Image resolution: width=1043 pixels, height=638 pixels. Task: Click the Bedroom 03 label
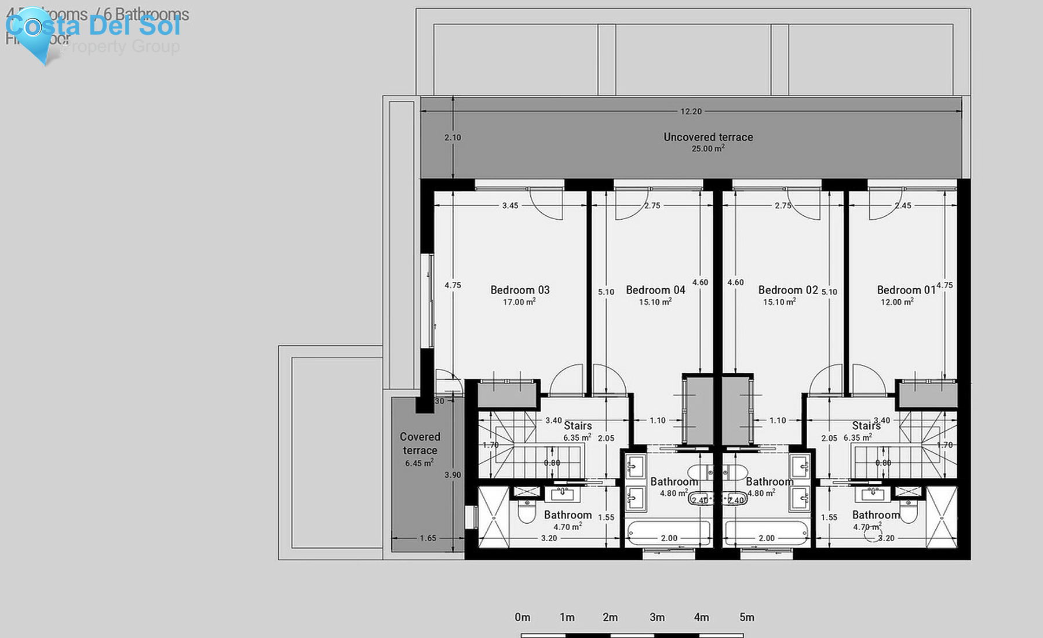click(x=520, y=290)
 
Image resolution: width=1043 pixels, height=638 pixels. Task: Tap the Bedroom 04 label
click(x=655, y=290)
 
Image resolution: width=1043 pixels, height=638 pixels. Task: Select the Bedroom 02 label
click(x=788, y=290)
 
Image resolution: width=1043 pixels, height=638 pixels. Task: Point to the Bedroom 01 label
click(x=906, y=290)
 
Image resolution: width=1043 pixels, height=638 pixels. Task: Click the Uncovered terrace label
click(x=708, y=137)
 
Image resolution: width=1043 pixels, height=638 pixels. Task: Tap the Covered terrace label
click(x=420, y=443)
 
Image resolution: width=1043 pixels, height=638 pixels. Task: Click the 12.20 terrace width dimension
click(x=691, y=111)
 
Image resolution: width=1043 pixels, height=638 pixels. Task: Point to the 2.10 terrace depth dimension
click(x=453, y=137)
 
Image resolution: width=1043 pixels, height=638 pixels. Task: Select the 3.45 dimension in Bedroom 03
click(x=510, y=205)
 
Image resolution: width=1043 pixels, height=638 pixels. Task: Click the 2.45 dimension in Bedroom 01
click(x=903, y=205)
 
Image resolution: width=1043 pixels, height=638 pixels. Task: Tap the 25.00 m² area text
click(x=708, y=148)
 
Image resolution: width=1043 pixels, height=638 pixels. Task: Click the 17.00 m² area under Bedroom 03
click(x=519, y=302)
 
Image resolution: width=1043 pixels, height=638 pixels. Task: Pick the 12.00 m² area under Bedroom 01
click(x=897, y=302)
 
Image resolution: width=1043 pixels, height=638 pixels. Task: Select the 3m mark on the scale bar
click(x=657, y=617)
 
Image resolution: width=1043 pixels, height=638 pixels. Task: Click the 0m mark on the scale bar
click(x=522, y=617)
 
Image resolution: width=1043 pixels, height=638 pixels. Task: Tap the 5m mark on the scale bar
click(x=747, y=617)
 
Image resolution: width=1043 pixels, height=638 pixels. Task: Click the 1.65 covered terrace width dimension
click(x=428, y=538)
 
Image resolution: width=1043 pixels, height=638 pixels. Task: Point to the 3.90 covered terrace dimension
click(x=453, y=475)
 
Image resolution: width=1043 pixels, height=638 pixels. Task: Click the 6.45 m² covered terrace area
click(x=419, y=463)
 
